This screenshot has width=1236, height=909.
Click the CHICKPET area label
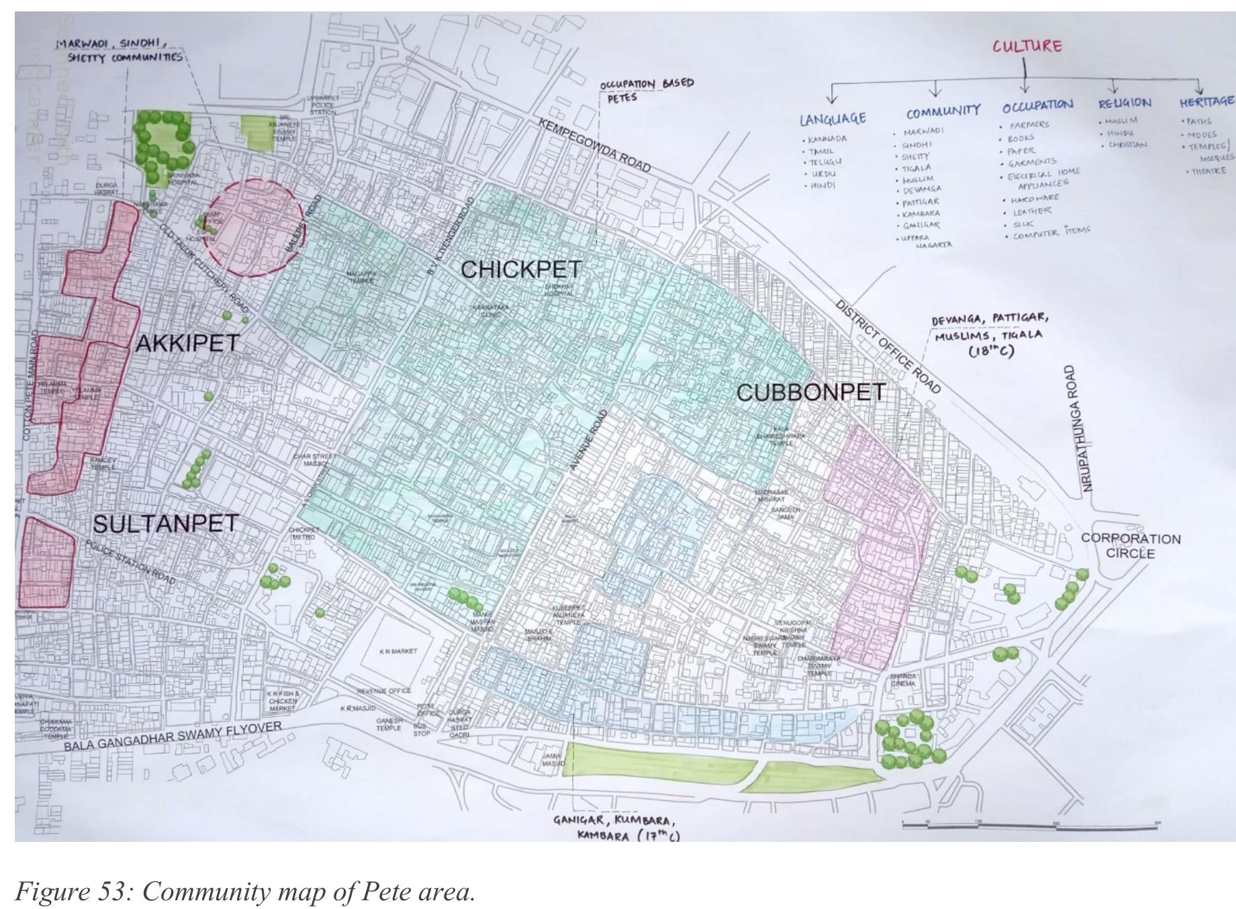tap(521, 269)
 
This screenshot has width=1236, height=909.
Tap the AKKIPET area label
tap(187, 343)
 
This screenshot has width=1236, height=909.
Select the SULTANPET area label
tap(165, 524)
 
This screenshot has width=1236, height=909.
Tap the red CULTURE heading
tap(1027, 46)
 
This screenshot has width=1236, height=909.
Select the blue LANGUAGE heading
tap(833, 119)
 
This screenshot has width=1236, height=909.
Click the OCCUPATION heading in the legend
tap(1037, 106)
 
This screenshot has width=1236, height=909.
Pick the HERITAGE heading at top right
tap(1206, 101)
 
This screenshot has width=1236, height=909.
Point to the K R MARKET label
tap(398, 651)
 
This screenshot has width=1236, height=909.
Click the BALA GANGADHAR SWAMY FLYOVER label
tap(173, 736)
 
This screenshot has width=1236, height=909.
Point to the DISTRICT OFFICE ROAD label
tap(888, 346)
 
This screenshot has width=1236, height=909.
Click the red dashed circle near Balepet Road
tap(254, 228)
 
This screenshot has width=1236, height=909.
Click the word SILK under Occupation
tap(1024, 224)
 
